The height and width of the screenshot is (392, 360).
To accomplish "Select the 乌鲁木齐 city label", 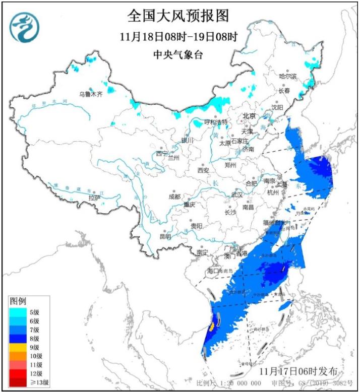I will pyautogui.click(x=91, y=94).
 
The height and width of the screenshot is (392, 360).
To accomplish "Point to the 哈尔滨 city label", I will pyautogui.click(x=288, y=76).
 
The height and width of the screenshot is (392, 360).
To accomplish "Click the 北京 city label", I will pyautogui.click(x=250, y=115).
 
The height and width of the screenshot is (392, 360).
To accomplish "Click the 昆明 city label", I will pyautogui.click(x=165, y=236).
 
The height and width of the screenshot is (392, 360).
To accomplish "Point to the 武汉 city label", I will pyautogui.click(x=236, y=194).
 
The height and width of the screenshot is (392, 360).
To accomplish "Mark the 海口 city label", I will pyautogui.click(x=214, y=271).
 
